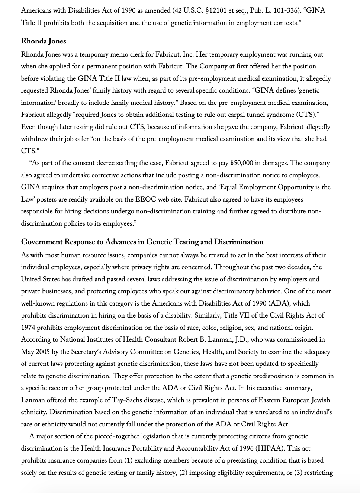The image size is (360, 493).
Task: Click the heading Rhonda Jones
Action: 44,41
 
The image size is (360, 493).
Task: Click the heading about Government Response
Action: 142,242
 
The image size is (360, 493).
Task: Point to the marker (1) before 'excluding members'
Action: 128,460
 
